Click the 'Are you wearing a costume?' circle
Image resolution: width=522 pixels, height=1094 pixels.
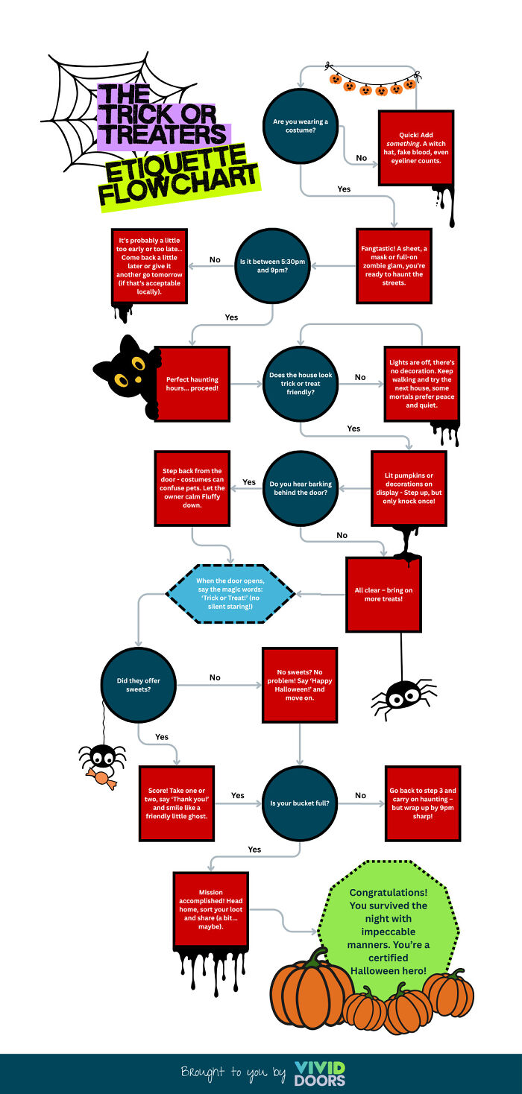tap(301, 126)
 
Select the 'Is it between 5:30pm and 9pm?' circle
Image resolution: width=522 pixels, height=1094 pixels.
tap(274, 265)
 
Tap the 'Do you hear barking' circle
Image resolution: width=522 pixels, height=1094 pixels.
tap(301, 487)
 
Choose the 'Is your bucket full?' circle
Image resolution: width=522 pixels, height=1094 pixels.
tap(300, 803)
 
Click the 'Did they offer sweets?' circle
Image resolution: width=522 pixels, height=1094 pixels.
tap(138, 685)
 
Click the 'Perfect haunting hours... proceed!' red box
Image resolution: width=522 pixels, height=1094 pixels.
tap(192, 384)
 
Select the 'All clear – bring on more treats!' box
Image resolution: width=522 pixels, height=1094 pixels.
tap(383, 595)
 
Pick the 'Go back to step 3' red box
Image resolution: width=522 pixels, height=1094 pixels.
tap(422, 803)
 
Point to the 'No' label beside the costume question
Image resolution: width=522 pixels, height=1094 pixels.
tap(361, 158)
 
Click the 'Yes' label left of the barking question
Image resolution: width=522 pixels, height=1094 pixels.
tap(249, 482)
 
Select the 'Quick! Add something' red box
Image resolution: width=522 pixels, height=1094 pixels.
tap(415, 148)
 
